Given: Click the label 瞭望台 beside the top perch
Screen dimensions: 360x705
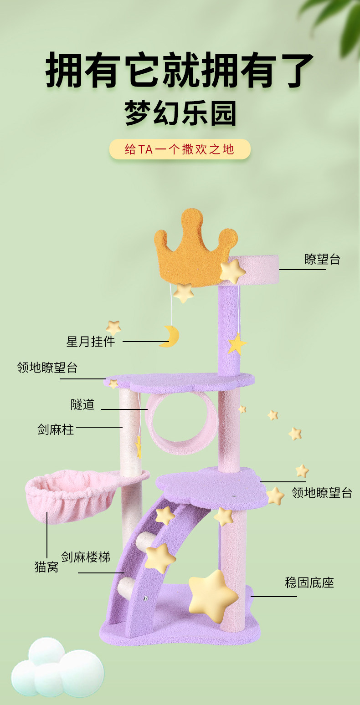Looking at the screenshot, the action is pyautogui.click(x=322, y=259).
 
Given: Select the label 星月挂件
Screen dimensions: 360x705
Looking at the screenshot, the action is pyautogui.click(x=91, y=342).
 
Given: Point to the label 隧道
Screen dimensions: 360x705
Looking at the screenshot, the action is pyautogui.click(x=83, y=404).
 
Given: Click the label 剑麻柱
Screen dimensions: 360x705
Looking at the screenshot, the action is pyautogui.click(x=56, y=429).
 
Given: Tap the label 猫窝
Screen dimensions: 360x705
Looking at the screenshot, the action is pyautogui.click(x=46, y=567).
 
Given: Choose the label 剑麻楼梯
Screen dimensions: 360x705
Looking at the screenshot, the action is pyautogui.click(x=86, y=557).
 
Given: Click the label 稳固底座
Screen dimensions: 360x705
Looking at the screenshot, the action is pyautogui.click(x=309, y=582).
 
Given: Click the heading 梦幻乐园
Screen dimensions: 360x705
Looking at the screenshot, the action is pyautogui.click(x=180, y=114).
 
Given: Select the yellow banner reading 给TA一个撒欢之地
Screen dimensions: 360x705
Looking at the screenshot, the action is pyautogui.click(x=180, y=149).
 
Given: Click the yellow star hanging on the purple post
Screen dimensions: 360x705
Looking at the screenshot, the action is pyautogui.click(x=237, y=344).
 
